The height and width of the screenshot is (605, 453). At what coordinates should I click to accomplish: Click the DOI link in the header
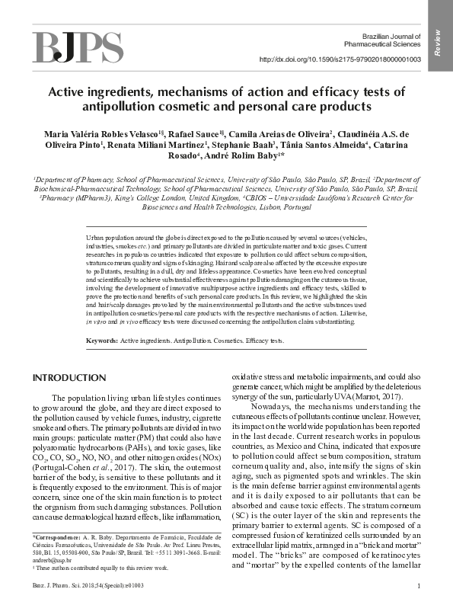340,59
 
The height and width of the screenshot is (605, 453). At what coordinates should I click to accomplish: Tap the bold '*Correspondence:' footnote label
59,538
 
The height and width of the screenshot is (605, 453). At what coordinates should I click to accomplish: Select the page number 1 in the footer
419,585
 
